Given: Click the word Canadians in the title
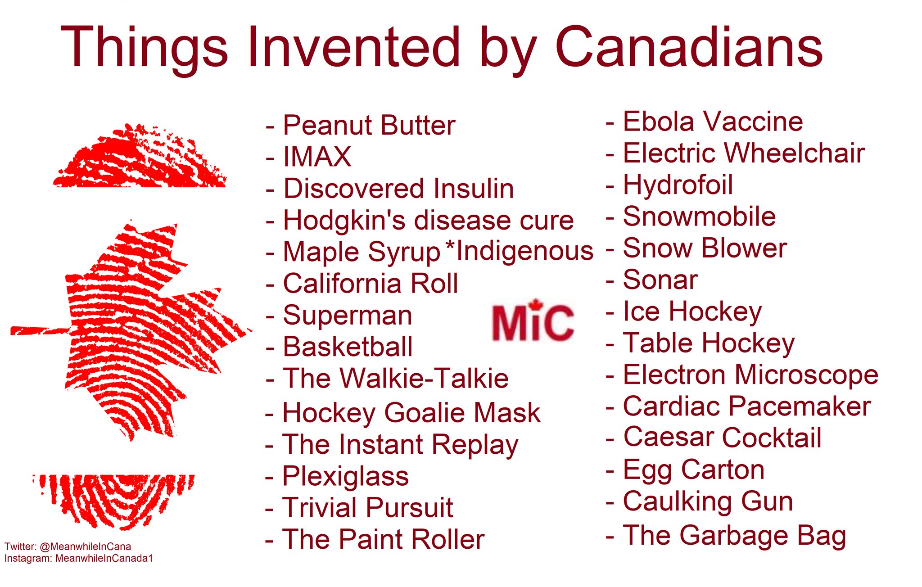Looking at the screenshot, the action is (x=689, y=47).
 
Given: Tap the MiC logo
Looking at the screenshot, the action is (x=533, y=321).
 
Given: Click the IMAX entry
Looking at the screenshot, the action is (x=317, y=157).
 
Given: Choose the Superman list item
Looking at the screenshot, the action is (x=348, y=315).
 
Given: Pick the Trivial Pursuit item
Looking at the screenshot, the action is (x=367, y=508).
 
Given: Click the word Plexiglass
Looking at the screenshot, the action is (x=345, y=477).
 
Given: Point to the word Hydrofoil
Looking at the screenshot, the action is (x=678, y=185).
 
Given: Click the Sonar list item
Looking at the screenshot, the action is (x=660, y=280).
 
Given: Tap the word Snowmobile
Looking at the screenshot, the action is (x=699, y=217).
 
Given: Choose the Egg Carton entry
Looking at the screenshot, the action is (x=694, y=470).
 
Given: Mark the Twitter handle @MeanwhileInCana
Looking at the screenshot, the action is (x=86, y=546).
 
